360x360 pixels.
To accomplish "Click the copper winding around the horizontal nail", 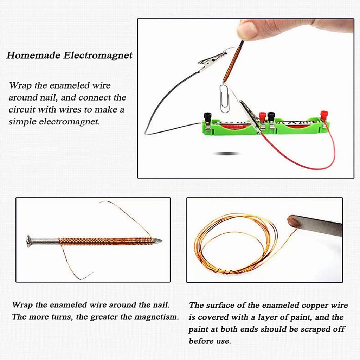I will point(105,241).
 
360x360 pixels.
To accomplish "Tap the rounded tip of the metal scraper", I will point(293,221).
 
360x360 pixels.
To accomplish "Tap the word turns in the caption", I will point(63,317).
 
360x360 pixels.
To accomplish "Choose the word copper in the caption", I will point(314,305).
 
